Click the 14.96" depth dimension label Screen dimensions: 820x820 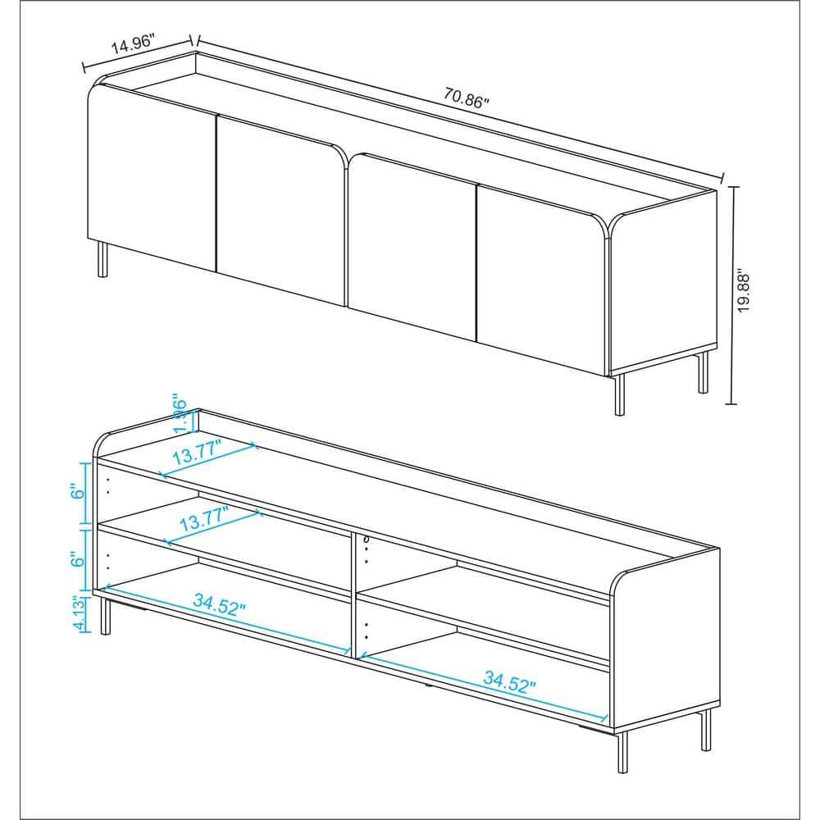tap(133, 46)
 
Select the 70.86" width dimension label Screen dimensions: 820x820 tap(467, 98)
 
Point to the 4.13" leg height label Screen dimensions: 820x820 tap(79, 613)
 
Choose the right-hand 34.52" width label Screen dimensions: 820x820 tap(509, 680)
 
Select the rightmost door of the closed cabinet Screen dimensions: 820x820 tap(541, 262)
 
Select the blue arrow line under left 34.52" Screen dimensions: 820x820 tap(221, 621)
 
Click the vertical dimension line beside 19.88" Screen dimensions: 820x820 tap(733, 295)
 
